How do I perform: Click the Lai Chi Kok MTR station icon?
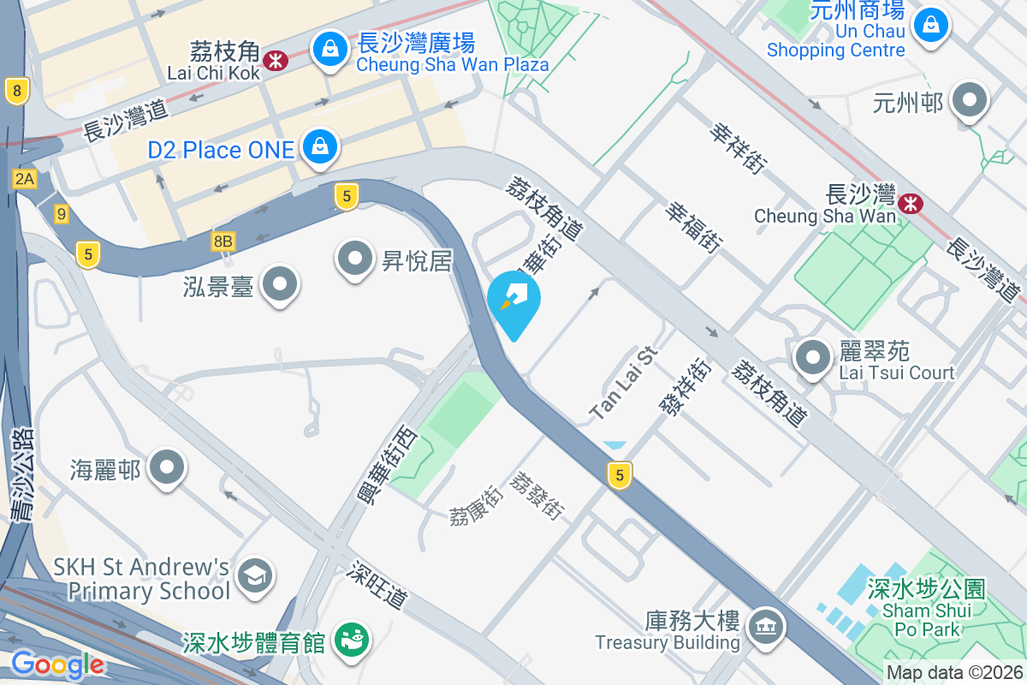pyautogui.click(x=275, y=60)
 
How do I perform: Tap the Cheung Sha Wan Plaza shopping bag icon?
pyautogui.click(x=329, y=51)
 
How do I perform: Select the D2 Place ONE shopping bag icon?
pyautogui.click(x=319, y=148)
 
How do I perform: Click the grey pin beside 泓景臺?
pyautogui.click(x=278, y=283)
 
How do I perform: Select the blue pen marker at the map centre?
pyautogui.click(x=513, y=301)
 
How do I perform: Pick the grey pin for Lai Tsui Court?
pyautogui.click(x=812, y=358)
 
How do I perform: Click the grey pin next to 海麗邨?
pyautogui.click(x=167, y=468)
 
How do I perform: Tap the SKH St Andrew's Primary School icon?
pyautogui.click(x=255, y=575)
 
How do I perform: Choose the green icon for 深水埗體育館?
pyautogui.click(x=348, y=640)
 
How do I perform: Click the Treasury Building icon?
pyautogui.click(x=765, y=628)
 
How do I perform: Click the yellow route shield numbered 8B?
pyautogui.click(x=223, y=241)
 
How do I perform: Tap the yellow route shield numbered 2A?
pyautogui.click(x=25, y=178)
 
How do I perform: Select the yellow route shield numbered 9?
pyautogui.click(x=61, y=214)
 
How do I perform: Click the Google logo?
pyautogui.click(x=57, y=664)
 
